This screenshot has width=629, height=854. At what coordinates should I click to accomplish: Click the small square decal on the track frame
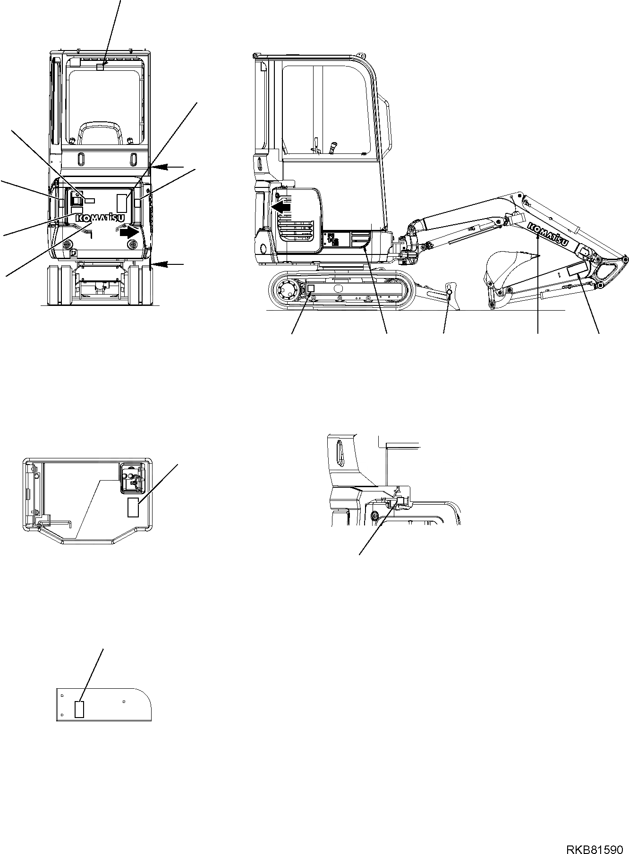pos(311,288)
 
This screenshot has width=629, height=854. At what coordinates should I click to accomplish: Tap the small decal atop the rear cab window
pos(100,67)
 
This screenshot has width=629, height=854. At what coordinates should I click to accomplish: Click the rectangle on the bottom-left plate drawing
pos(79,709)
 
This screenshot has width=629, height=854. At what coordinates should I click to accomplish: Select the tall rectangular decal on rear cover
pos(122,202)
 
